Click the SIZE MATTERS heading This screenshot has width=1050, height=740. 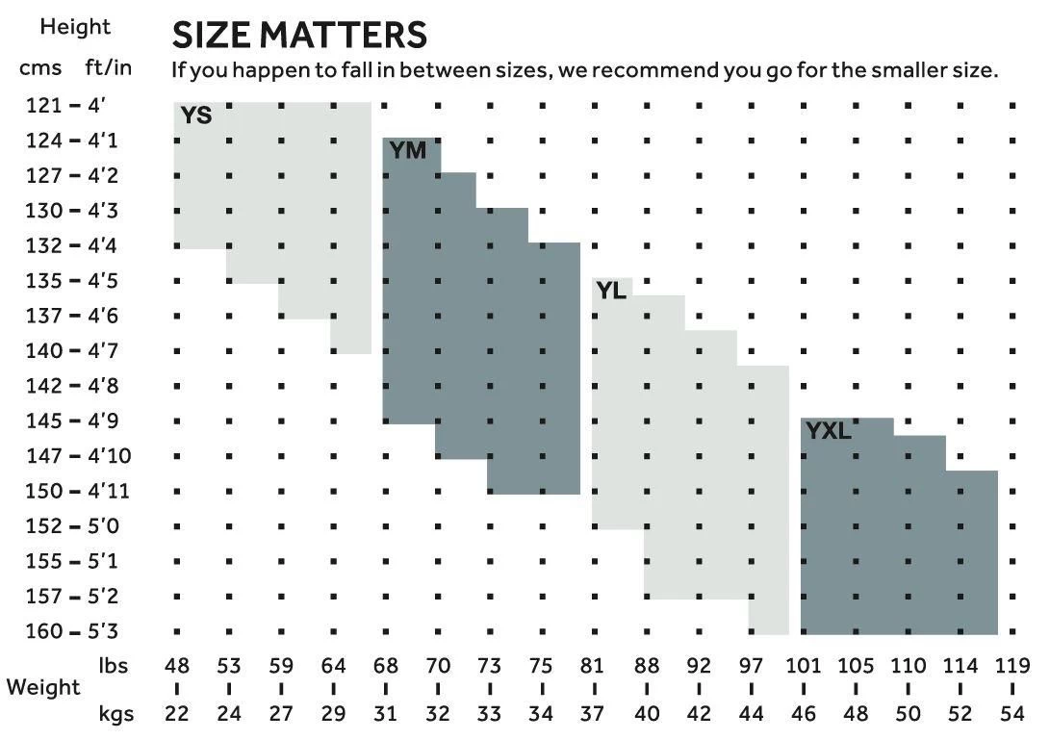pyautogui.click(x=298, y=36)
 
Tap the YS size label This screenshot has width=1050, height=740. pyautogui.click(x=196, y=116)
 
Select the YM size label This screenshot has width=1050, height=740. pyautogui.click(x=408, y=151)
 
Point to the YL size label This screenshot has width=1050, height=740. pyautogui.click(x=611, y=290)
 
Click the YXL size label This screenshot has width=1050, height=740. pyautogui.click(x=829, y=431)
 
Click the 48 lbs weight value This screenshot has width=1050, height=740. pyautogui.click(x=177, y=665)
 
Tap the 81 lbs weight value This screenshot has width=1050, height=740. pyautogui.click(x=593, y=665)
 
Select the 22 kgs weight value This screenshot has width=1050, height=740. pyautogui.click(x=177, y=714)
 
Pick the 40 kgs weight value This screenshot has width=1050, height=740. pyautogui.click(x=646, y=714)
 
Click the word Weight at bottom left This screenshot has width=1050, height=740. pyautogui.click(x=43, y=688)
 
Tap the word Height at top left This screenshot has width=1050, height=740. pyautogui.click(x=75, y=27)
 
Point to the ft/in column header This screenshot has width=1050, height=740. pyautogui.click(x=107, y=68)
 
